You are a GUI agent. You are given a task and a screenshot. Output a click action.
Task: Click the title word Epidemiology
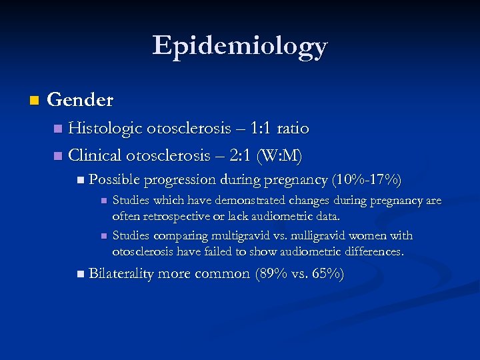(240, 46)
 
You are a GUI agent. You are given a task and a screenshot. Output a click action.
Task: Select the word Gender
(81, 100)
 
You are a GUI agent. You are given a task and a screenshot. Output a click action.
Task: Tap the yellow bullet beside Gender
(34, 101)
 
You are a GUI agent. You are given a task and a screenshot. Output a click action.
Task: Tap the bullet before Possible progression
(81, 179)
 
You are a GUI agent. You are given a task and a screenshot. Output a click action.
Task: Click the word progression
(177, 179)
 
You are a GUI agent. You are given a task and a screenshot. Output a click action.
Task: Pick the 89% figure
(275, 273)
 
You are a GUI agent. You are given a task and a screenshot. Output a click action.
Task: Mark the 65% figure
(325, 273)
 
